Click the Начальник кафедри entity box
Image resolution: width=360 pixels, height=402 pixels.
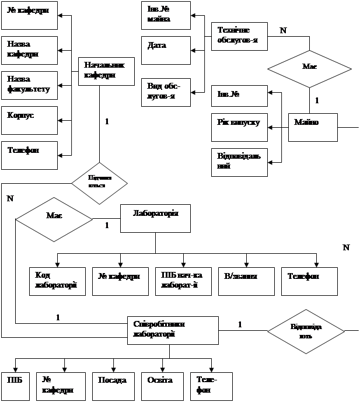pos(102,71)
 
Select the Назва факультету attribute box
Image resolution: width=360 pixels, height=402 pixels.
pos(29,85)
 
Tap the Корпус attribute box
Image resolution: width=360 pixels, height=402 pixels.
pos(29,120)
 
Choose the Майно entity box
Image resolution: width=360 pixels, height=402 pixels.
pos(313,127)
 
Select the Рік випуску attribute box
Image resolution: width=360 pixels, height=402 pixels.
pos(239,128)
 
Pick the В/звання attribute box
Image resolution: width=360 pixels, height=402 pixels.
pos(246,281)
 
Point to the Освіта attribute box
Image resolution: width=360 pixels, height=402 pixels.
pos(162,386)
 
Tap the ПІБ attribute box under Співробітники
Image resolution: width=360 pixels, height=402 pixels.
pos(15,386)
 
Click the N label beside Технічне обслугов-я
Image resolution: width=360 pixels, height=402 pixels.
pos(284,32)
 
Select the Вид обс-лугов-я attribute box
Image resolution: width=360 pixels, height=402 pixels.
pos(166,92)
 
